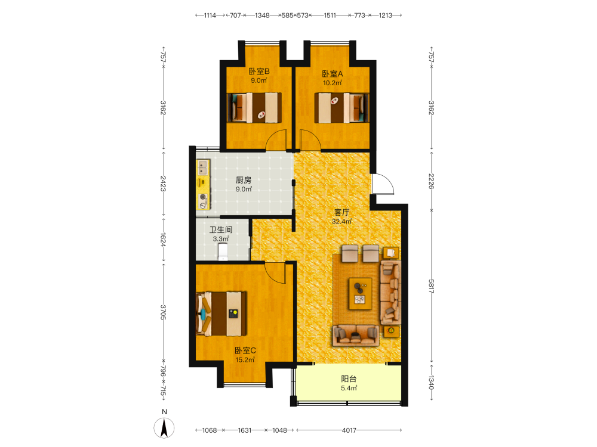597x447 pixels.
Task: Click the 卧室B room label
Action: click(x=259, y=71)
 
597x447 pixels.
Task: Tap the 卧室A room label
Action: click(x=333, y=74)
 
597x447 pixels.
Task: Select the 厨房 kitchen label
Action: click(x=244, y=180)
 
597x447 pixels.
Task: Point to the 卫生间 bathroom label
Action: click(x=221, y=229)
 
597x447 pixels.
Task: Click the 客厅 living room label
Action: click(x=341, y=212)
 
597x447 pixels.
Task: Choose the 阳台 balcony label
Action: click(x=349, y=378)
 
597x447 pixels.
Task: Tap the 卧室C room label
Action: click(x=245, y=350)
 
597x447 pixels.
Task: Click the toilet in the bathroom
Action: click(x=223, y=252)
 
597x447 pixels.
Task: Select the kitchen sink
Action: click(x=202, y=167)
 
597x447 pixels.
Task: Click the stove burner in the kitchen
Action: click(x=203, y=201)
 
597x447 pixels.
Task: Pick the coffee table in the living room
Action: click(x=361, y=293)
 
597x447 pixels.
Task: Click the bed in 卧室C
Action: click(x=221, y=314)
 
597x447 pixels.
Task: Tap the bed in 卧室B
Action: click(x=254, y=107)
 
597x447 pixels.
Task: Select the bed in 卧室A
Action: click(x=341, y=108)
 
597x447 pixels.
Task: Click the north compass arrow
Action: click(x=164, y=427)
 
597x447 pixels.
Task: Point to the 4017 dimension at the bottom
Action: click(x=349, y=430)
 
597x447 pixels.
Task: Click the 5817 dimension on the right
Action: click(x=432, y=286)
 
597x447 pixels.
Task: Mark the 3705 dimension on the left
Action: click(x=163, y=312)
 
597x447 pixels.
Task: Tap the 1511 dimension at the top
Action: click(x=330, y=15)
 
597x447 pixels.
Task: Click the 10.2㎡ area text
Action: click(x=333, y=83)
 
